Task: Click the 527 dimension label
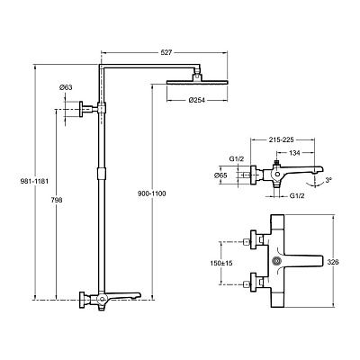point(166,52)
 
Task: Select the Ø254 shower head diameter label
point(197,100)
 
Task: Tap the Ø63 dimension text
point(66,87)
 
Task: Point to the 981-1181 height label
point(34,181)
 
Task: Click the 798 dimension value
point(57,200)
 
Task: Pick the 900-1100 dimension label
point(152,193)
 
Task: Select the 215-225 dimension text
point(283,139)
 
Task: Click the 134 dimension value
point(294,153)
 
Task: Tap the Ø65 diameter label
point(220,175)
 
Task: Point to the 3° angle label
point(328,180)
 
